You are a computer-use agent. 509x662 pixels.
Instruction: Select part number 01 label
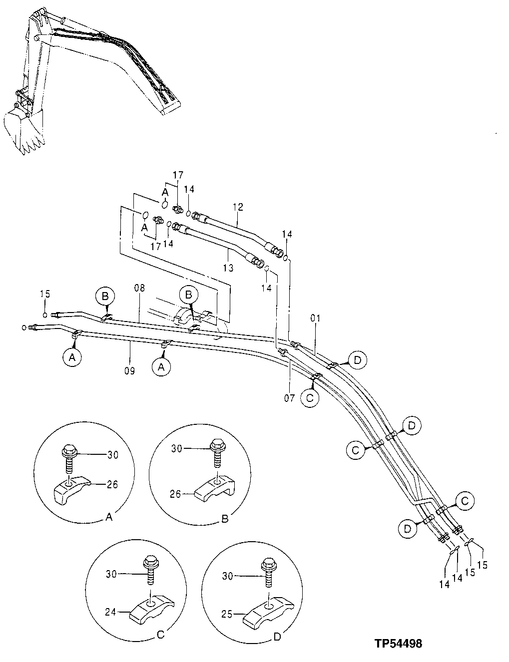click(315, 318)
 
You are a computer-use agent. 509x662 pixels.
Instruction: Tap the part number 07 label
click(290, 385)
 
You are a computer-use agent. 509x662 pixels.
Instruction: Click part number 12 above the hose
click(237, 206)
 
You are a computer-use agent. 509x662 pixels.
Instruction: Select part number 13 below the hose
click(228, 268)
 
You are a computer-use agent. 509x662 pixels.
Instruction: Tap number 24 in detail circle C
click(111, 611)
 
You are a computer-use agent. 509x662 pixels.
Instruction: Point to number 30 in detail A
click(113, 454)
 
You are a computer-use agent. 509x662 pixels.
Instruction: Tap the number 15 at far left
click(45, 294)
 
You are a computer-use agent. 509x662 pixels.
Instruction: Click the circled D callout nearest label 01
click(358, 359)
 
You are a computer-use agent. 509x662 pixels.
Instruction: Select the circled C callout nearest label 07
click(309, 397)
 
